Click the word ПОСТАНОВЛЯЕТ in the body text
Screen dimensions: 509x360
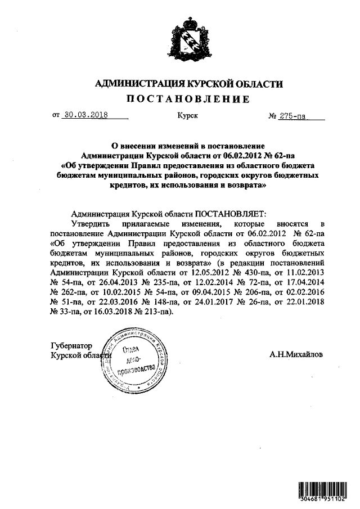tap(230, 214)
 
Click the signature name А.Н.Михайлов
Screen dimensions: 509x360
tap(296, 355)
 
